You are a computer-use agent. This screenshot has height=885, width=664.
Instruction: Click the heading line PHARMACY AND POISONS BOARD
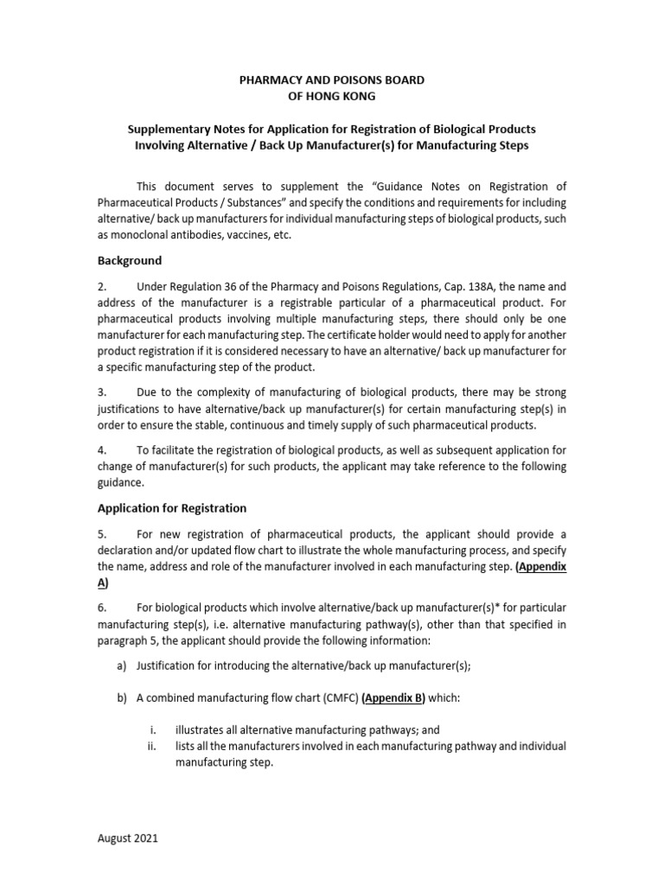point(331,80)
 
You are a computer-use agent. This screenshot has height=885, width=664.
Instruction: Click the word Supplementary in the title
point(168,130)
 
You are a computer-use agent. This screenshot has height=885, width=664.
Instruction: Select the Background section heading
point(129,261)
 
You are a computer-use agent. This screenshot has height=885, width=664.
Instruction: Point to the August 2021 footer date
point(125,838)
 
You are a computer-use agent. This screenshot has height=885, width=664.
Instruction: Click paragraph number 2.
point(101,286)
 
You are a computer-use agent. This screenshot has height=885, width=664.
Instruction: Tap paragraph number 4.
point(101,450)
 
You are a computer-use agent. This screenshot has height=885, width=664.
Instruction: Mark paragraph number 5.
point(101,533)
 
